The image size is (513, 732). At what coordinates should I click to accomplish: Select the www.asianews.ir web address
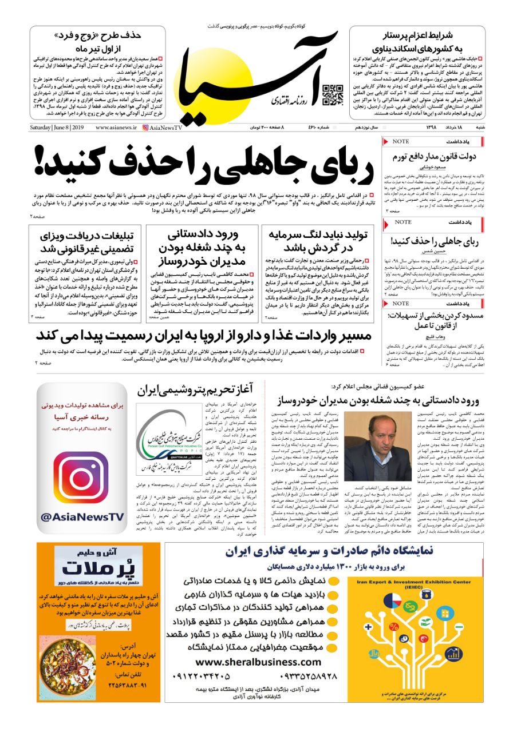click(116, 128)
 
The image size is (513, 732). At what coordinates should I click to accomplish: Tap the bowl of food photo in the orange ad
click(68, 660)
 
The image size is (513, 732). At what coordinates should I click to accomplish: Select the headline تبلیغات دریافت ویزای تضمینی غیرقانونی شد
click(88, 241)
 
